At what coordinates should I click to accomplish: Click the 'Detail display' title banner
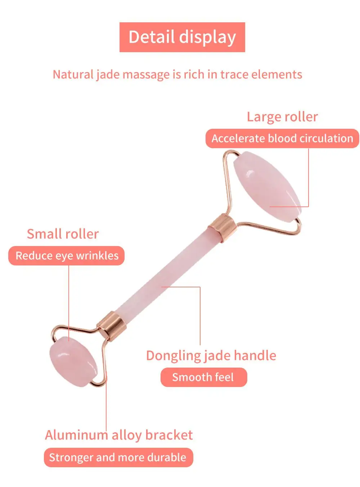pyautogui.click(x=182, y=37)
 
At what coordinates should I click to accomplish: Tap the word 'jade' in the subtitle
pyautogui.click(x=108, y=74)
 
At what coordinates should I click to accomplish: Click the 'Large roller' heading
pyautogui.click(x=282, y=117)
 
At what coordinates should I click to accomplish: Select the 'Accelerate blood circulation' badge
pyautogui.click(x=282, y=138)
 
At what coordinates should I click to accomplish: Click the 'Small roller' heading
pyautogui.click(x=63, y=234)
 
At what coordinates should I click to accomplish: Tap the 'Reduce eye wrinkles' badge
pyautogui.click(x=67, y=256)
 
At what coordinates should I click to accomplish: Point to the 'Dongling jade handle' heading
pyautogui.click(x=211, y=355)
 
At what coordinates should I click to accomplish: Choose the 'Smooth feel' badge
pyautogui.click(x=203, y=377)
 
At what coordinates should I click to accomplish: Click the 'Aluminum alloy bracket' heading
pyautogui.click(x=119, y=435)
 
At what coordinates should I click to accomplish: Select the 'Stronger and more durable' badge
pyautogui.click(x=118, y=457)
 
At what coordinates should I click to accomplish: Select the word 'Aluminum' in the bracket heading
pyautogui.click(x=76, y=435)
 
